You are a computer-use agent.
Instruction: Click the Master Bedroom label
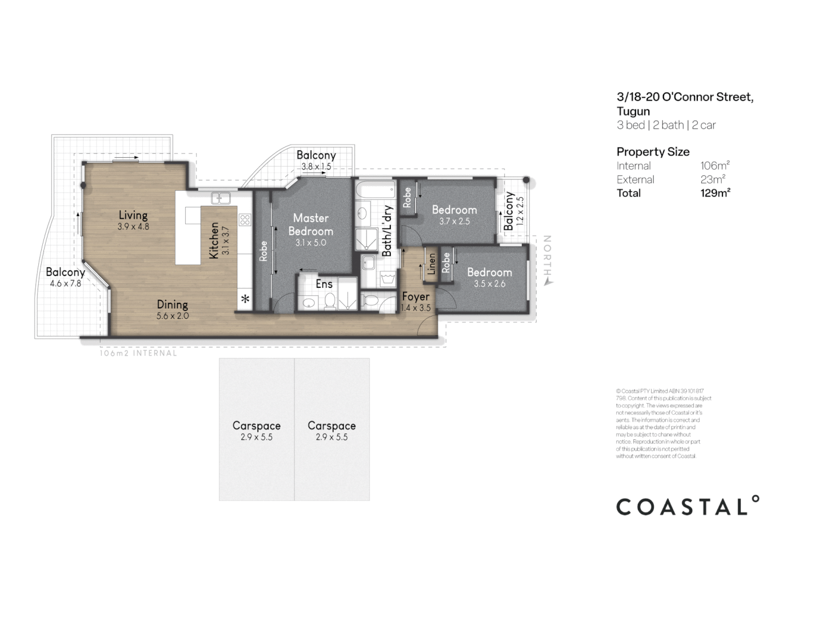coord(310,225)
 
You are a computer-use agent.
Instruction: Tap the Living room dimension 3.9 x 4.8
coord(133,226)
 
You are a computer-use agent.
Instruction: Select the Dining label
coord(172,305)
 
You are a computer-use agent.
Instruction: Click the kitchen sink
coord(220,198)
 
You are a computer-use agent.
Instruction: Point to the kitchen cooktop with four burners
coord(245,219)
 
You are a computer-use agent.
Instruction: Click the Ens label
coord(324,284)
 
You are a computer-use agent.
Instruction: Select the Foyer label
coord(416,297)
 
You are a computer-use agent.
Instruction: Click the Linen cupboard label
coord(432,263)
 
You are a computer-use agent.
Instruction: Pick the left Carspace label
coord(256,426)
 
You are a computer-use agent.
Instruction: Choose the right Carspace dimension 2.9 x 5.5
coord(331,437)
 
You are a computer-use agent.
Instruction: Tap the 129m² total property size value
coord(716,193)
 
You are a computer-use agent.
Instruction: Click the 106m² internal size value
coord(715,166)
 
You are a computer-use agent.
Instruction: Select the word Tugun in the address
coord(633,111)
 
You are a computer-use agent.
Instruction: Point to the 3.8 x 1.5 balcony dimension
coord(316,167)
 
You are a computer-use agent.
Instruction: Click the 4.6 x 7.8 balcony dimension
coord(65,283)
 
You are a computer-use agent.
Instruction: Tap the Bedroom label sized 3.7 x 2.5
coord(454,210)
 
